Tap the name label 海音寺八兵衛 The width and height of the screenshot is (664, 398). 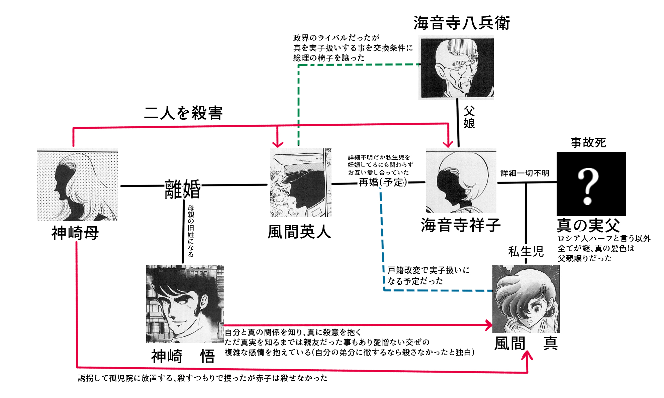coord(461,23)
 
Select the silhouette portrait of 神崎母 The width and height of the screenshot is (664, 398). coord(77,185)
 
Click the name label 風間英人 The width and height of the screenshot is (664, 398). coord(299,232)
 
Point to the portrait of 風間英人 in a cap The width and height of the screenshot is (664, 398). coord(300,183)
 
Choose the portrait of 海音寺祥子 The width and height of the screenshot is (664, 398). coord(461,181)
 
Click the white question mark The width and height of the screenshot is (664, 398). coord(588,186)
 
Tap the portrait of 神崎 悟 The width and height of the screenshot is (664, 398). coord(185,303)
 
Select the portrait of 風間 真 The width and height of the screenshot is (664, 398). coord(526,298)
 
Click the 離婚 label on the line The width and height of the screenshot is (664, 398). coord(183,189)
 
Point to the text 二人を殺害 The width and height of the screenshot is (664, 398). coord(183,113)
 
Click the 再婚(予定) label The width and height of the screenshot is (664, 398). coord(383,182)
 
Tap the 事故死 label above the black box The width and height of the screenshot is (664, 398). coord(588,143)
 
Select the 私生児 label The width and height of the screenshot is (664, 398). coord(526,251)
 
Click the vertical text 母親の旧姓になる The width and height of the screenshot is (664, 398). coord(191,231)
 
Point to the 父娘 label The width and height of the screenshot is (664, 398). coord(469,117)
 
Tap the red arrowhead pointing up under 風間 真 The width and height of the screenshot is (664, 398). coord(527,355)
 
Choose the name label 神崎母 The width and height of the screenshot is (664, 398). coord(75,233)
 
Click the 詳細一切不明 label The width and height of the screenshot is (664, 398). coord(525,173)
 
